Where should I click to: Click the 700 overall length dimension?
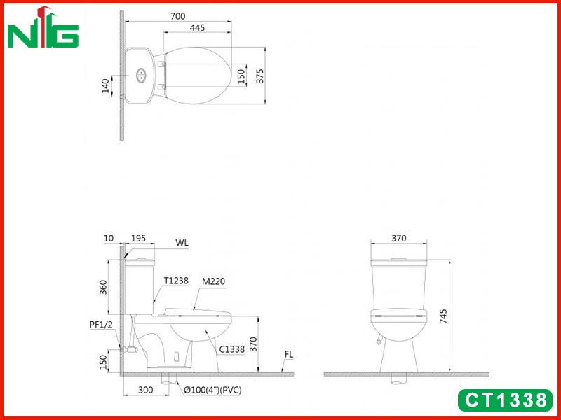178,16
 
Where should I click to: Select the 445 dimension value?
197,27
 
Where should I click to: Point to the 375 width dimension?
259,76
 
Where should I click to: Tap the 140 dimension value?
105,86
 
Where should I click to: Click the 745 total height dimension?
443,317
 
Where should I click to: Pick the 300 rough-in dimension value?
146,390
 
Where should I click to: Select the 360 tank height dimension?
103,288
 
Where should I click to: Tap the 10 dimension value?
109,238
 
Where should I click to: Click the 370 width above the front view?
398,238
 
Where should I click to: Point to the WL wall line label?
182,243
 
